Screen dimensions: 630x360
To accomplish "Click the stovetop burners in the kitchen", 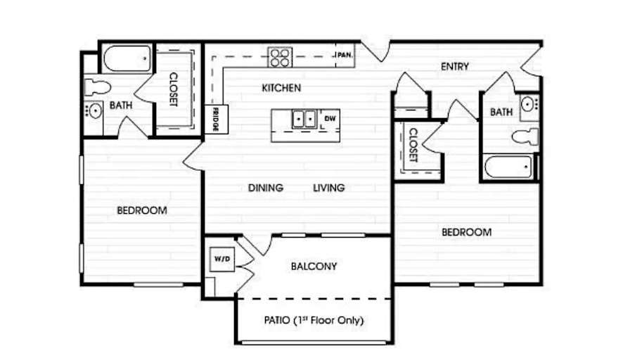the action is point(280,58).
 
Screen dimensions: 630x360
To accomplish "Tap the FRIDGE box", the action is point(216,120).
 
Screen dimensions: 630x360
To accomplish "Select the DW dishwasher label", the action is point(330,118).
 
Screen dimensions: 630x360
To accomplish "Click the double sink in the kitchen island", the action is point(304,119).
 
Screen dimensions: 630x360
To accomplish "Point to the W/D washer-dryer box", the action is point(222,259).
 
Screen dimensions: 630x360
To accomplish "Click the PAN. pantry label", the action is point(344,55).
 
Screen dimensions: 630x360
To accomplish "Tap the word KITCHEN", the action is point(281,88).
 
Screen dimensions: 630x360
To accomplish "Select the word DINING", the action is point(266,188).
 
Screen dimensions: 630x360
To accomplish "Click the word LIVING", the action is point(328,188).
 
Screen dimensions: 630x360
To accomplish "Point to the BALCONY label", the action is point(314,266).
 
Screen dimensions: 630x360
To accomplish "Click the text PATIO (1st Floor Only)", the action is point(314,320).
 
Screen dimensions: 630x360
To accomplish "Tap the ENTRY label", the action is point(455,66).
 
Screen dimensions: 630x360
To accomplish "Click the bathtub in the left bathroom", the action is point(127,58).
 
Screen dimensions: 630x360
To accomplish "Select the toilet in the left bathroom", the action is point(97,87).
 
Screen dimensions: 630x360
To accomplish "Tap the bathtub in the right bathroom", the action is point(509,167).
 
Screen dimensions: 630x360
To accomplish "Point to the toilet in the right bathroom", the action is point(525,136).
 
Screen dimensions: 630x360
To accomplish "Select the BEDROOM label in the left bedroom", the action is point(142,210).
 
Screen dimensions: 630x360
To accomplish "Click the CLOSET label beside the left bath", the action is point(174,89).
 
